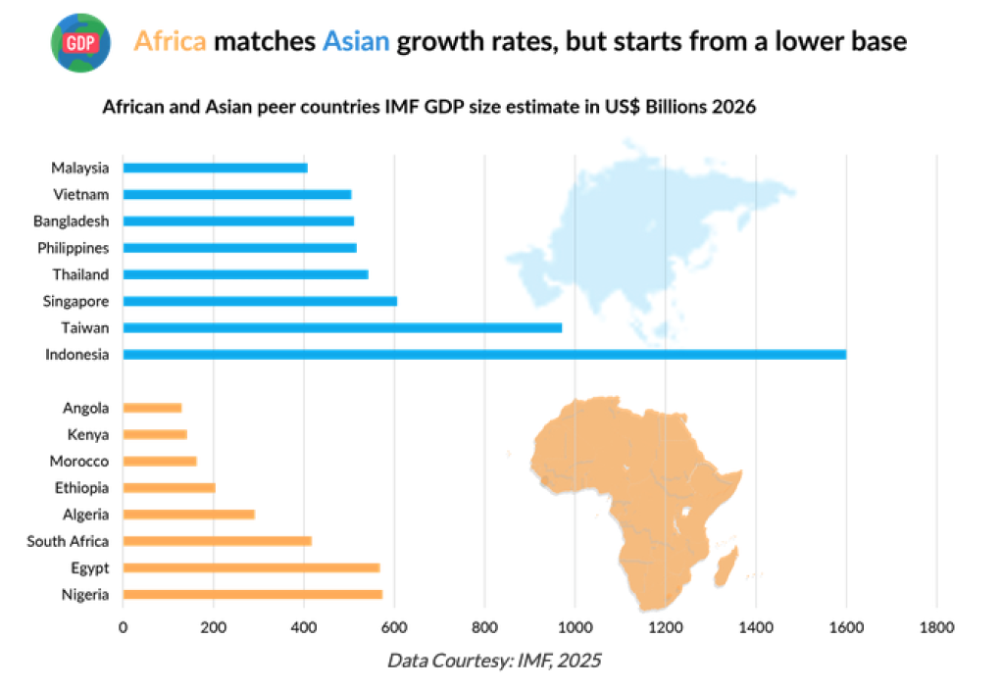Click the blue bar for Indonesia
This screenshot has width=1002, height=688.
[x=484, y=354]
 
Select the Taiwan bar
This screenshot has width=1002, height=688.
[x=342, y=327]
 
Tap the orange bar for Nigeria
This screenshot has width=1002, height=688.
[x=252, y=594]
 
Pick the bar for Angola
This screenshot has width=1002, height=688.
[x=153, y=408]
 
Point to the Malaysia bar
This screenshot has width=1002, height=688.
[x=215, y=168]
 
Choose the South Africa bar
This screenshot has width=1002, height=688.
[x=217, y=541]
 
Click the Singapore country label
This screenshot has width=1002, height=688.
[x=75, y=301]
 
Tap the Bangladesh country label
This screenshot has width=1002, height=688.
[x=71, y=221]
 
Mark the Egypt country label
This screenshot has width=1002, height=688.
[x=89, y=567]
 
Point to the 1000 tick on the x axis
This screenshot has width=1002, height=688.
[x=575, y=625]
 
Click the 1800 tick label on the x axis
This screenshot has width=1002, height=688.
[x=936, y=625]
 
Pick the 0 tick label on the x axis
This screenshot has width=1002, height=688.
[x=123, y=625]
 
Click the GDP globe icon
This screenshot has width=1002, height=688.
[x=79, y=42]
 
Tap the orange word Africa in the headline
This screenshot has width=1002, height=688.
[x=170, y=42]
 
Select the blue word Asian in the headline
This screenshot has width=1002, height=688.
[x=355, y=42]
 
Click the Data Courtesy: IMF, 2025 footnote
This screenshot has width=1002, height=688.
[x=494, y=661]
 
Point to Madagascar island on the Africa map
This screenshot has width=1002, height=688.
[x=726, y=567]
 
